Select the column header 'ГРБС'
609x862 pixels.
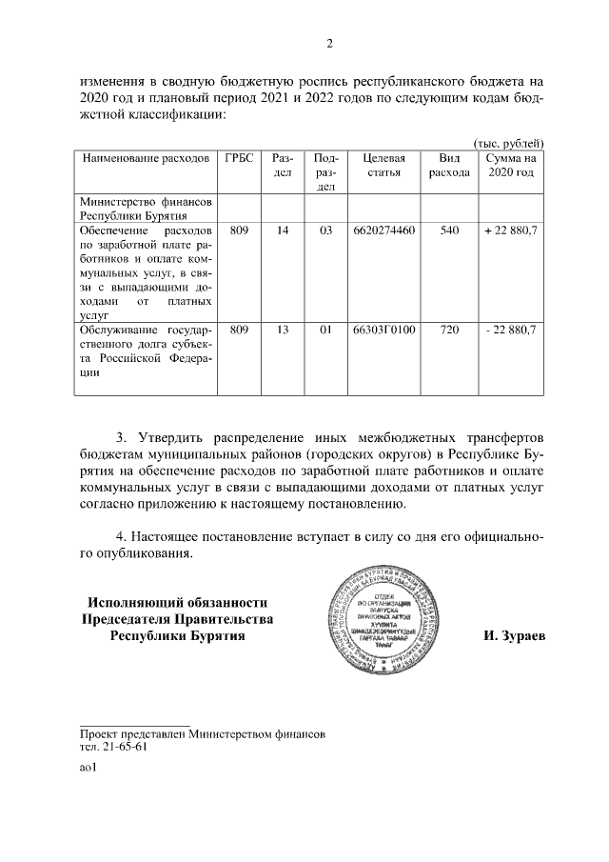click(x=239, y=158)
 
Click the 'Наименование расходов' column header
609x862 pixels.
click(x=146, y=158)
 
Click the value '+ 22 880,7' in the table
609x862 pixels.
click(x=510, y=231)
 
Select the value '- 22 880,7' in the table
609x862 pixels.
click(x=510, y=330)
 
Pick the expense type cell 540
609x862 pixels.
click(x=449, y=231)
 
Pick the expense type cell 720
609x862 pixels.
click(x=449, y=330)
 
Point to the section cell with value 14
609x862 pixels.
click(x=282, y=231)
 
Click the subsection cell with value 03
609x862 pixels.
click(x=325, y=231)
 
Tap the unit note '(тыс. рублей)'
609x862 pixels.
click(x=508, y=142)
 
